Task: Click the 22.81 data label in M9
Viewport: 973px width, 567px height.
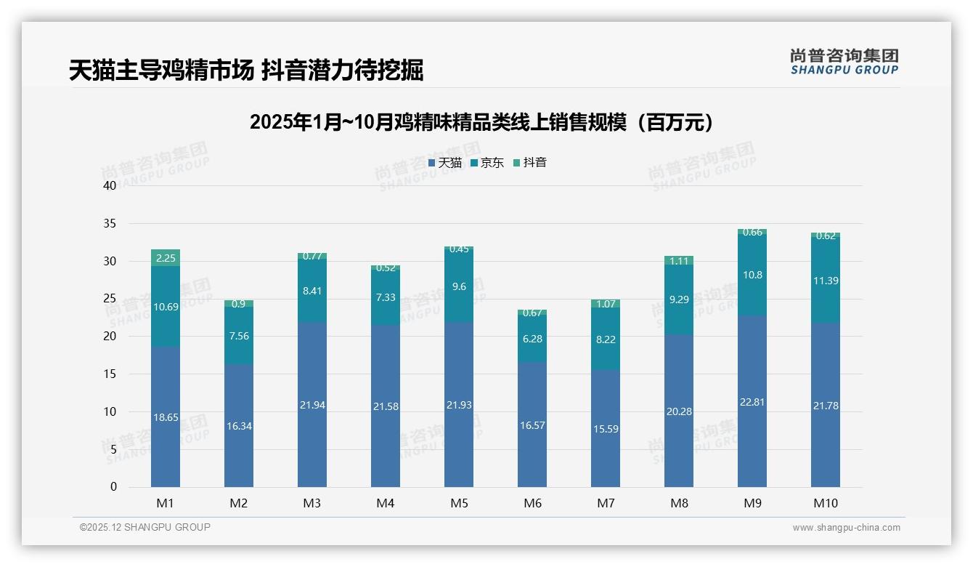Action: click(752, 402)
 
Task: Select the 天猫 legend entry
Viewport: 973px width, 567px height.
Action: click(445, 163)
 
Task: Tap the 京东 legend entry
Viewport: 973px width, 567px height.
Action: click(487, 163)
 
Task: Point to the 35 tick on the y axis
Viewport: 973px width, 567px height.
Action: click(110, 223)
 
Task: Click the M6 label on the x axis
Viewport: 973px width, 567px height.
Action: click(532, 503)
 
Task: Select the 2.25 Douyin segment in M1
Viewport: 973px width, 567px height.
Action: click(166, 258)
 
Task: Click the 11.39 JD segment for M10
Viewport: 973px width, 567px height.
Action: click(826, 281)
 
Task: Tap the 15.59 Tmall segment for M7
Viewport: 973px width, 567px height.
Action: click(606, 429)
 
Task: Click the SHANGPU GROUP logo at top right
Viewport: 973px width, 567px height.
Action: click(844, 62)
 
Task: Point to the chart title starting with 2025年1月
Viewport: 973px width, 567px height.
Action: click(481, 122)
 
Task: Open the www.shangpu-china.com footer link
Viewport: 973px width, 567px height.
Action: click(846, 528)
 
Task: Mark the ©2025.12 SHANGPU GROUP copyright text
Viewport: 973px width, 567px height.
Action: click(145, 527)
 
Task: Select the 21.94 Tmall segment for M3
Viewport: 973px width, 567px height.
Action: click(312, 405)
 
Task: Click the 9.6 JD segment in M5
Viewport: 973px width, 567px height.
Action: click(459, 287)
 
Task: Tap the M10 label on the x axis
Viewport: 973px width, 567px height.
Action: click(826, 503)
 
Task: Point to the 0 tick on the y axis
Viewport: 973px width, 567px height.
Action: click(113, 487)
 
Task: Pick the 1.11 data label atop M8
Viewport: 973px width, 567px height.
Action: click(679, 260)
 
